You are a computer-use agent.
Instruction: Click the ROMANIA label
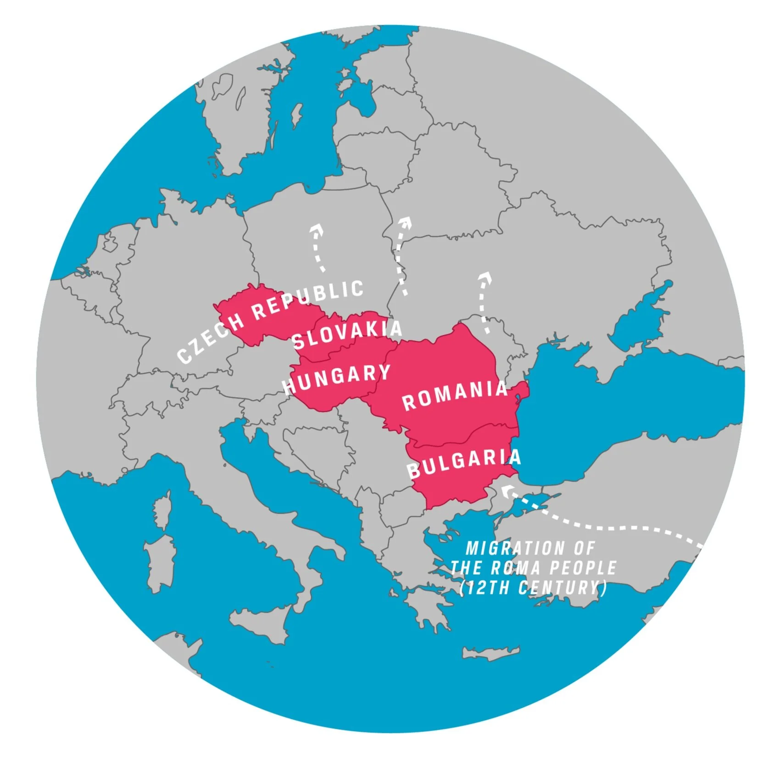click(x=455, y=395)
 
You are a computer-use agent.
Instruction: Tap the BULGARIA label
click(x=464, y=463)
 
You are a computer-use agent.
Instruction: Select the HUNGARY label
click(x=337, y=379)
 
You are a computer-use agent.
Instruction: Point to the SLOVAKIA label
click(x=347, y=334)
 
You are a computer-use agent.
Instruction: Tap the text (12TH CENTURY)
click(x=533, y=588)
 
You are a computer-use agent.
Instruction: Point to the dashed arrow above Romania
click(x=483, y=301)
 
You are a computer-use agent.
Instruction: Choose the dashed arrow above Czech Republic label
click(x=318, y=248)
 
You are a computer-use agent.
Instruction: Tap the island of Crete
click(x=491, y=652)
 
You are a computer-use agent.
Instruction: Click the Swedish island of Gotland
click(x=297, y=115)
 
